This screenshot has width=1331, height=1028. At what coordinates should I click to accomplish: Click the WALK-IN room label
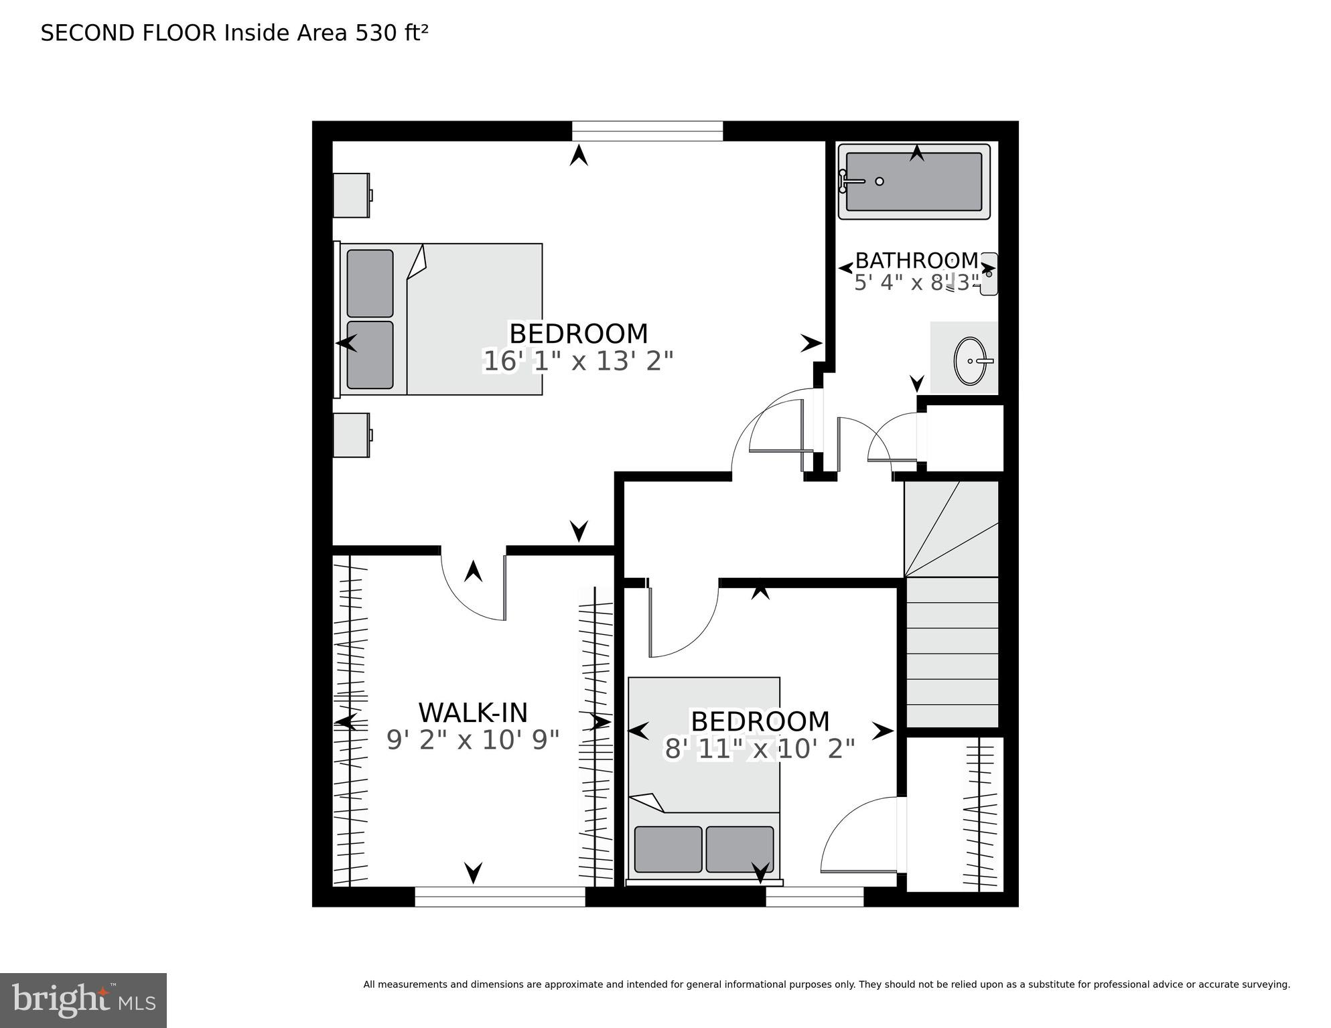click(473, 712)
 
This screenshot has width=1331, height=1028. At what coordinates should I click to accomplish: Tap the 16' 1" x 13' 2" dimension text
click(577, 362)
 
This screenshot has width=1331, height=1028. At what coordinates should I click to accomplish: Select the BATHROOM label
click(916, 260)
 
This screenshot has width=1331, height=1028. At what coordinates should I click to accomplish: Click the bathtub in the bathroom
click(914, 181)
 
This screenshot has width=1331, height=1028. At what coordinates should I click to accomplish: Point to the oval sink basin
click(970, 361)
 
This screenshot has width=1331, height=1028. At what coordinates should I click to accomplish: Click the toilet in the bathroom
click(989, 274)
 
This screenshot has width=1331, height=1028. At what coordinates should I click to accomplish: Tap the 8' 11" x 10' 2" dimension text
click(760, 749)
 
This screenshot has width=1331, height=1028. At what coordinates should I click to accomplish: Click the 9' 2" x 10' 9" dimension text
click(473, 740)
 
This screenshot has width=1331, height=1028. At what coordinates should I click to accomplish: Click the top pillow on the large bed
click(370, 283)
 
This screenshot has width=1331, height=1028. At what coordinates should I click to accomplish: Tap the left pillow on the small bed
click(668, 849)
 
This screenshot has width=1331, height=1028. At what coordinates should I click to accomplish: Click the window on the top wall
click(647, 131)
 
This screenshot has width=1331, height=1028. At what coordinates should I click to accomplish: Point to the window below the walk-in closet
click(500, 897)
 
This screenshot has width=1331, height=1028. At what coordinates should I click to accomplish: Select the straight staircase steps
click(951, 653)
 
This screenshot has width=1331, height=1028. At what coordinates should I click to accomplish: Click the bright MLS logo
click(83, 1001)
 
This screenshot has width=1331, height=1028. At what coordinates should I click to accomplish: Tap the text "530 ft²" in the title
click(391, 33)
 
